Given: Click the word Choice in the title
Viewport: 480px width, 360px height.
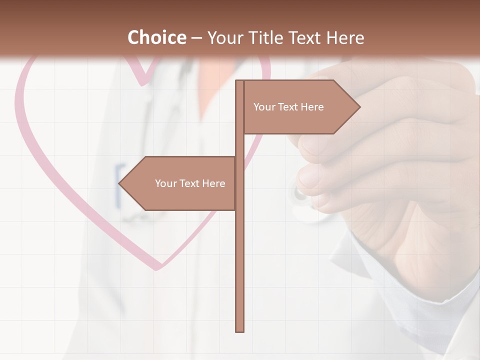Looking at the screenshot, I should [x=156, y=37].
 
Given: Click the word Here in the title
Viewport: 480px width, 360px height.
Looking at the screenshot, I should [x=345, y=37].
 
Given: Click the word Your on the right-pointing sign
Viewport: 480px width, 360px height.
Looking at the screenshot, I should [x=263, y=107].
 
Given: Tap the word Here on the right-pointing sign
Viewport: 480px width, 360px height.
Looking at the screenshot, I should [x=312, y=107].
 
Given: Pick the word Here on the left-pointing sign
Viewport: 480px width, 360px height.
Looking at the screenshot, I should [x=214, y=183].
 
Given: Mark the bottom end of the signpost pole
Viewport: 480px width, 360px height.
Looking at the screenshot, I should [x=240, y=330].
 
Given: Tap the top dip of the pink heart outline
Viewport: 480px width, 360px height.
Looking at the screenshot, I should [x=144, y=82].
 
